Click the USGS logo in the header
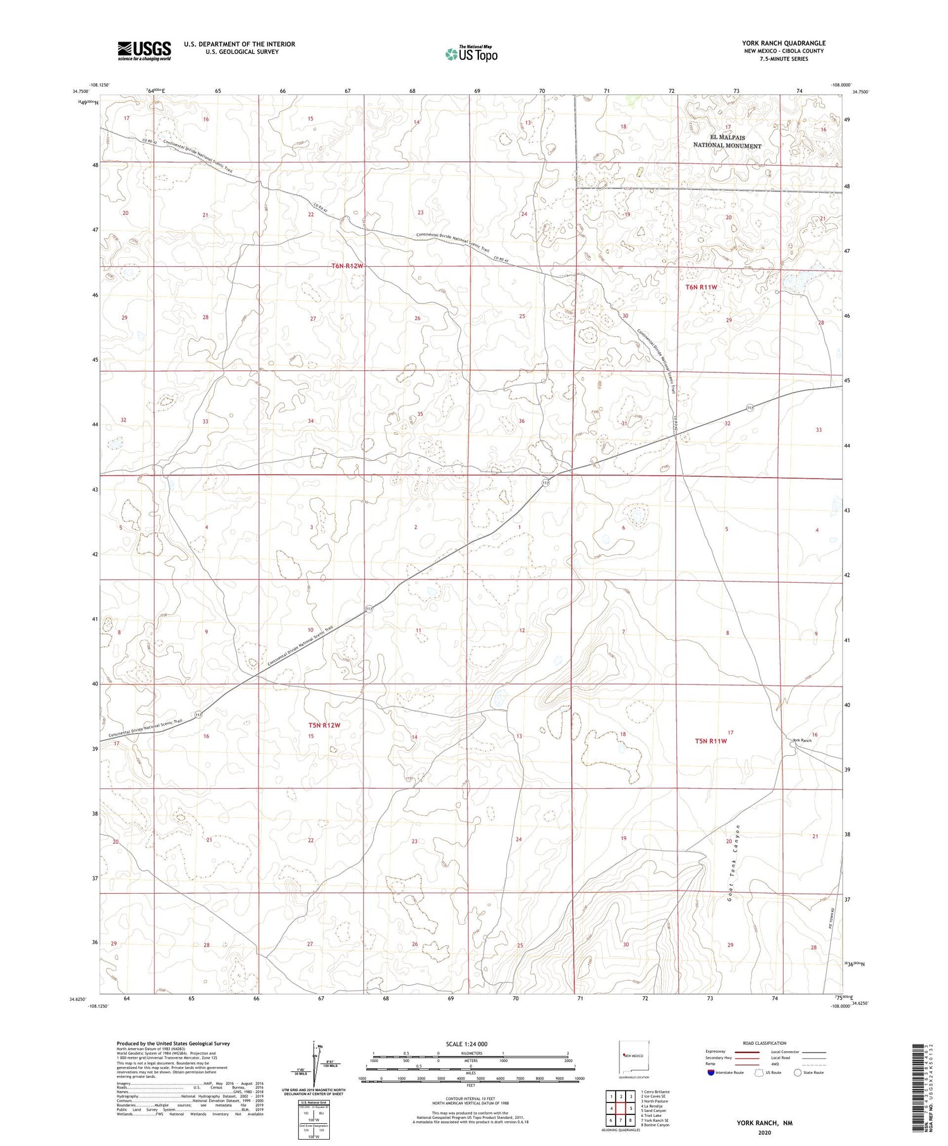(144, 51)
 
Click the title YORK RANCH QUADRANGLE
(784, 43)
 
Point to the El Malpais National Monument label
(727, 142)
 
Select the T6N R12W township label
(347, 266)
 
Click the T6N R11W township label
(702, 287)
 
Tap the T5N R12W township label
(324, 725)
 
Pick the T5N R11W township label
(711, 741)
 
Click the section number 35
(420, 414)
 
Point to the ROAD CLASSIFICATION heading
(764, 1043)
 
